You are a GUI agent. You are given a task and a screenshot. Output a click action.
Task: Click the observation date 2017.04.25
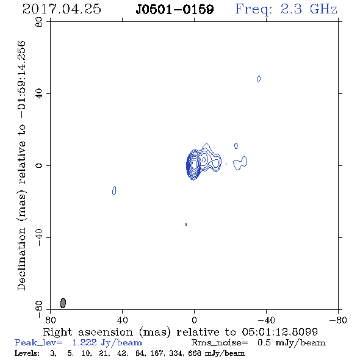[62, 9]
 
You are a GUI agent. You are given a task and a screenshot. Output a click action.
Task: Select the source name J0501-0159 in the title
[175, 10]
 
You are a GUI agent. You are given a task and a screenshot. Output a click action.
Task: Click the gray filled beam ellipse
[63, 303]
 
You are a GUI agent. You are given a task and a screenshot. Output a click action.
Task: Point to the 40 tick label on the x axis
[122, 320]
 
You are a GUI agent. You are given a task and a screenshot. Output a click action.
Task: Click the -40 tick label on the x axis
[266, 320]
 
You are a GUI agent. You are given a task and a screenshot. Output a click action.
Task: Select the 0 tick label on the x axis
[194, 320]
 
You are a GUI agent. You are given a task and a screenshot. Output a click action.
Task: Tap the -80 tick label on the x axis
[338, 320]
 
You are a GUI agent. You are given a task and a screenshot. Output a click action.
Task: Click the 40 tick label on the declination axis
[39, 94]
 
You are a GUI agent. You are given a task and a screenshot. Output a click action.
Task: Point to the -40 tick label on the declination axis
[39, 237]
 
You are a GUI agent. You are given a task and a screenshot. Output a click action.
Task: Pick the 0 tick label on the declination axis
[39, 165]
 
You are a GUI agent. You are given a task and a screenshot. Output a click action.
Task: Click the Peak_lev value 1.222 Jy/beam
[107, 343]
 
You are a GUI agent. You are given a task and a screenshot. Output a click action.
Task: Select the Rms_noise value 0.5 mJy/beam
[291, 343]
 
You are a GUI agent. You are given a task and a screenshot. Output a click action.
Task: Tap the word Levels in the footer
[27, 353]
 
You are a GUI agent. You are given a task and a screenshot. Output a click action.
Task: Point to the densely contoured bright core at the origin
[193, 165]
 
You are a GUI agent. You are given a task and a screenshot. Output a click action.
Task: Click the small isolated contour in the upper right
[259, 79]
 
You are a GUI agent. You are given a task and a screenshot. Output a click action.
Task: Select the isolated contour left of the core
[114, 190]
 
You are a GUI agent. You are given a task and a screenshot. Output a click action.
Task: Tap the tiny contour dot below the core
[185, 225]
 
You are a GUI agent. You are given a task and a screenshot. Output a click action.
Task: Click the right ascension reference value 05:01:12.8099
[280, 332]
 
